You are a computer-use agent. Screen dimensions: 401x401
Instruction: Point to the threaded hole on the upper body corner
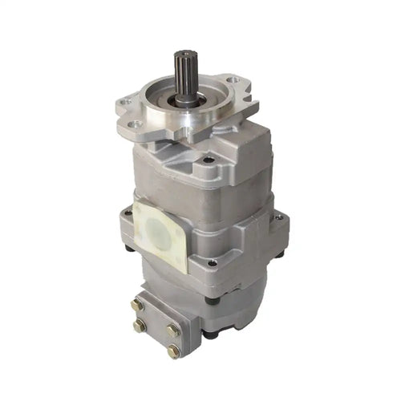[209, 160]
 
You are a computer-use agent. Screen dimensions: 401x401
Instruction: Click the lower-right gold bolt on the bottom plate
[173, 350]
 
